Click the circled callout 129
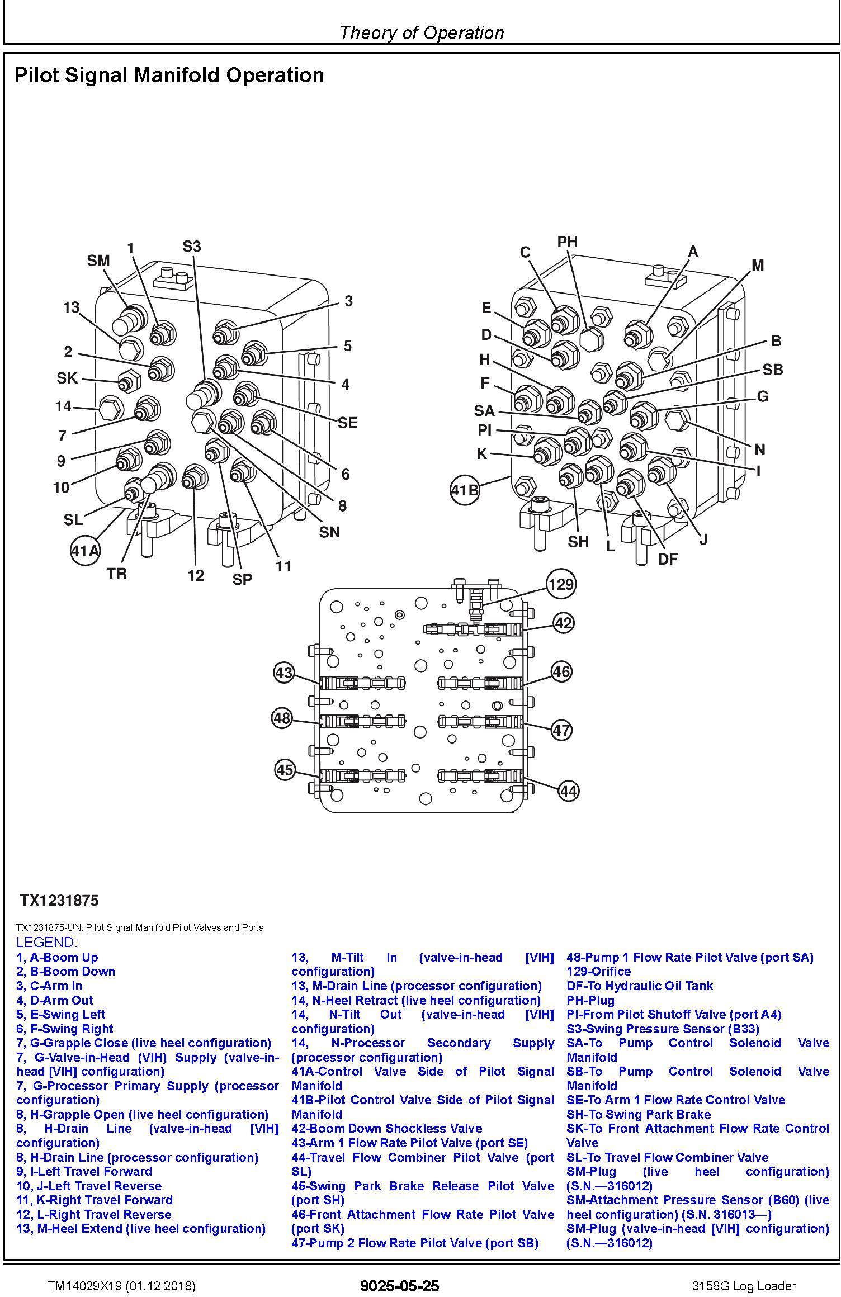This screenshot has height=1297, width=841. coord(560,584)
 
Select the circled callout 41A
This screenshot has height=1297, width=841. coord(86,551)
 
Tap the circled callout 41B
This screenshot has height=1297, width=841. coord(465,490)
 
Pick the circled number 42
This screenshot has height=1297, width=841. coord(563,623)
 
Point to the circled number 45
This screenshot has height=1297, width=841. coord(285,770)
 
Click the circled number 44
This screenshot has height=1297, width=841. coord(568,791)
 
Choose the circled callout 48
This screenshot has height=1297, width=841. coord(282,717)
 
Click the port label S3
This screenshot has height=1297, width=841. coord(192,246)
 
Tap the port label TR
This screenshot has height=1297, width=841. coord(117,573)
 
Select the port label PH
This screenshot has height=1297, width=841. coord(567,242)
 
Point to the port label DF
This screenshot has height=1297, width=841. coord(668,559)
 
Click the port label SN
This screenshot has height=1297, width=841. coord(329,532)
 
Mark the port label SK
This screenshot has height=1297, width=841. coord(67,378)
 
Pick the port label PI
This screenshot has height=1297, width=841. coord(484,430)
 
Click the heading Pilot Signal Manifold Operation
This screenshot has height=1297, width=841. coord(169,75)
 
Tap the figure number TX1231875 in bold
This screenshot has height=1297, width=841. coord(59,900)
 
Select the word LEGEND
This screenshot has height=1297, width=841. coord(47,942)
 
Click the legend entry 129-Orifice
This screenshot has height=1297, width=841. coord(598,971)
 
